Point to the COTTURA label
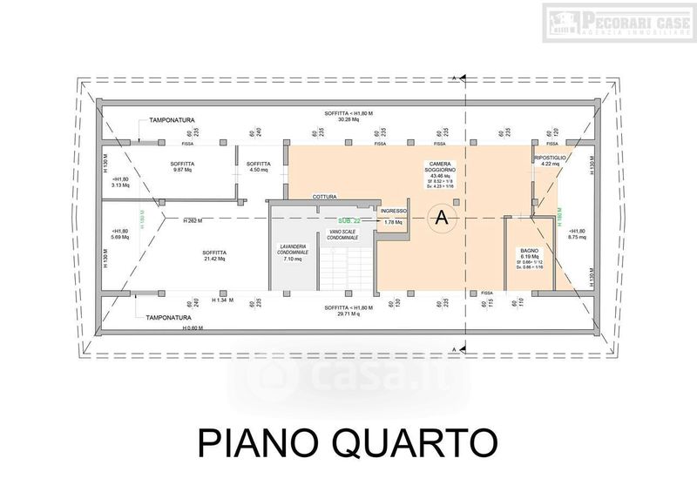[325, 197]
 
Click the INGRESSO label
[393, 211]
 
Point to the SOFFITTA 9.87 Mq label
[183, 167]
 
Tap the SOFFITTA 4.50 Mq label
[258, 167]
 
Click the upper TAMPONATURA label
[171, 119]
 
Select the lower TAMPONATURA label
[170, 317]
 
